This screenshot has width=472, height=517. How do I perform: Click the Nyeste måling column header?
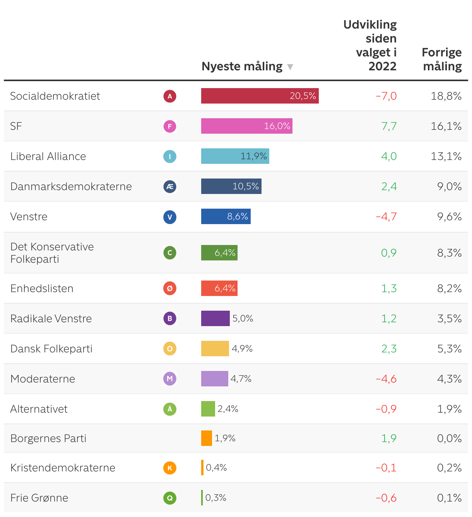242,66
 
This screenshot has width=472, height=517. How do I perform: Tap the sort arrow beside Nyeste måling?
290,67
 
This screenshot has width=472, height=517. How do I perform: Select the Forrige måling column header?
442,59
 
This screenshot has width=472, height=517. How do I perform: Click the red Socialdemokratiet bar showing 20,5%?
260,96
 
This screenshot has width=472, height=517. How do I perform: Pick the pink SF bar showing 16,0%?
246,126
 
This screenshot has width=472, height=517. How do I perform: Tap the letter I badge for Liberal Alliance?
170,156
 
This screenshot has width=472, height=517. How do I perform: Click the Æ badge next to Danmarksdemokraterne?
170,187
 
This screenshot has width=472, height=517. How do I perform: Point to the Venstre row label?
29,217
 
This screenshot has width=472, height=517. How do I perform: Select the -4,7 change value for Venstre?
386,217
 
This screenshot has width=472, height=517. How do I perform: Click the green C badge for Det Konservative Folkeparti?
170,253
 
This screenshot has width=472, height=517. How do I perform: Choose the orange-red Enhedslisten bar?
219,288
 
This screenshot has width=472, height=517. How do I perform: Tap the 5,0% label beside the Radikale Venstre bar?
243,318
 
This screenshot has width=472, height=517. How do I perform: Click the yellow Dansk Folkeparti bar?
215,349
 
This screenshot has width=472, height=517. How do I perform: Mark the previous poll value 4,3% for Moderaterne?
449,379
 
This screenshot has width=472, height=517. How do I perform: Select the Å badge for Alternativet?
170,409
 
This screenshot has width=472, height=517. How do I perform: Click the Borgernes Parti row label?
48,439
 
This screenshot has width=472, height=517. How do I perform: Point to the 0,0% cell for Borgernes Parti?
449,439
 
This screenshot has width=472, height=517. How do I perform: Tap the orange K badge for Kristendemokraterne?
170,468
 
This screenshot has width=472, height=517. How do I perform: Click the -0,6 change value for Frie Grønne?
386,498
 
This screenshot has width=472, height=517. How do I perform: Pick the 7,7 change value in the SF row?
389,126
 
